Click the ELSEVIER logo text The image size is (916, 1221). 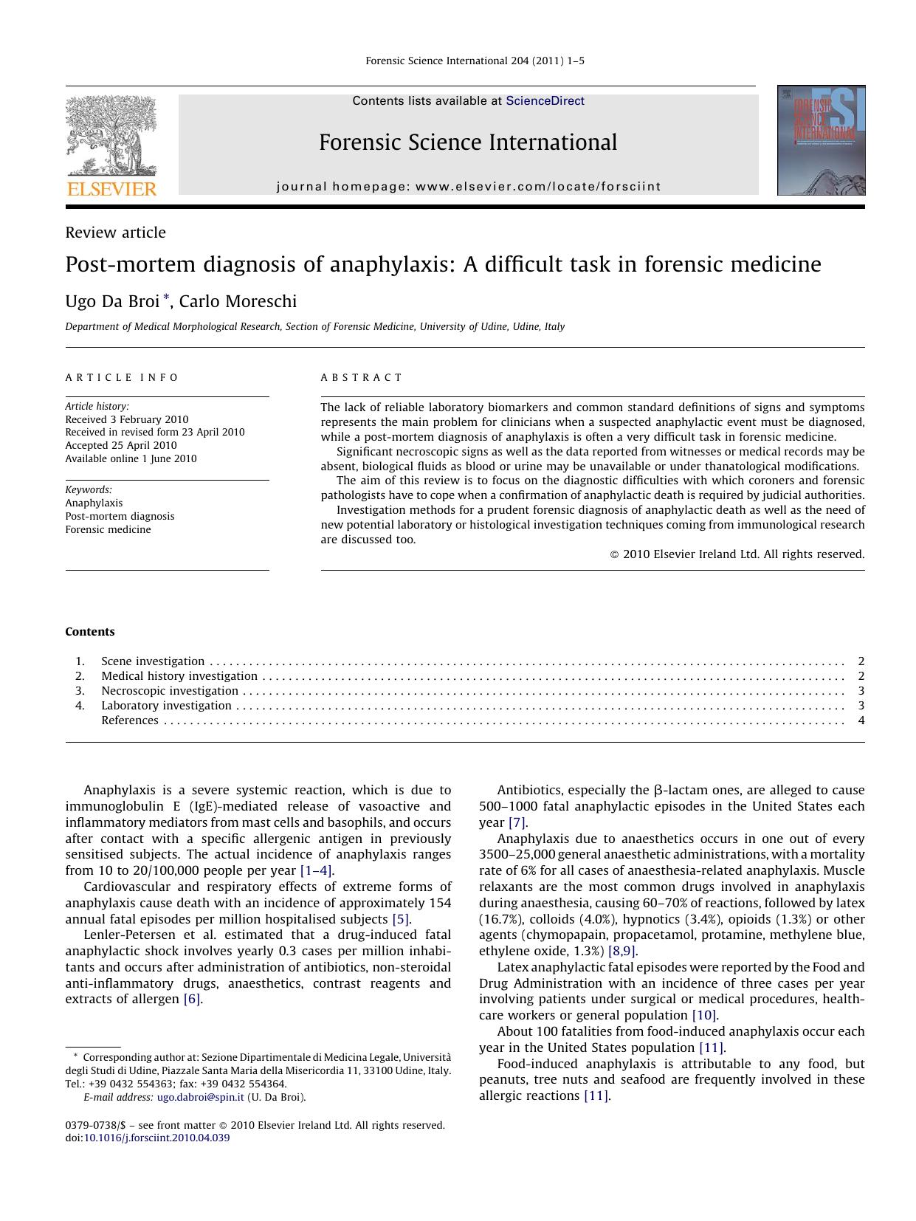[x=111, y=189]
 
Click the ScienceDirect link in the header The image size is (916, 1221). [x=545, y=101]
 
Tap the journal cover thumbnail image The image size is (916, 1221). [x=821, y=140]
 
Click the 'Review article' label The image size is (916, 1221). [x=115, y=233]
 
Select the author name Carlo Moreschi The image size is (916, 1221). [x=238, y=301]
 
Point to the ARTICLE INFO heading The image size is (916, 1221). [x=122, y=377]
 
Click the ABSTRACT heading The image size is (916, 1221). [x=362, y=377]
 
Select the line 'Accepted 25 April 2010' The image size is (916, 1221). [x=121, y=445]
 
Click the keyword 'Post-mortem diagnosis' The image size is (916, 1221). [x=120, y=516]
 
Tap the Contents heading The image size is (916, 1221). [x=90, y=632]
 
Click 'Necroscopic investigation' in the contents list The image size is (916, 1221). [x=170, y=691]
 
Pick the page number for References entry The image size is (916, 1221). [x=861, y=720]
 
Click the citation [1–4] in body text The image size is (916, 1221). [x=317, y=870]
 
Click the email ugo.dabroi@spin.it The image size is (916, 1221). [x=200, y=1097]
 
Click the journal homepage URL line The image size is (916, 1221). [x=469, y=187]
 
